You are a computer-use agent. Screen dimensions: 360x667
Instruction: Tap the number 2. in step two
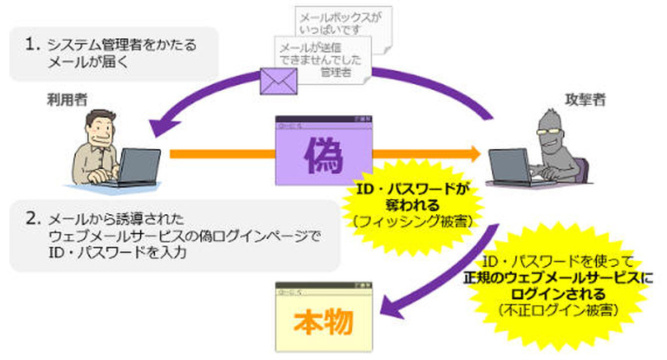coord(33,219)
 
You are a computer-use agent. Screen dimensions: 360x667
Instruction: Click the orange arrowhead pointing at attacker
coord(474,154)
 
